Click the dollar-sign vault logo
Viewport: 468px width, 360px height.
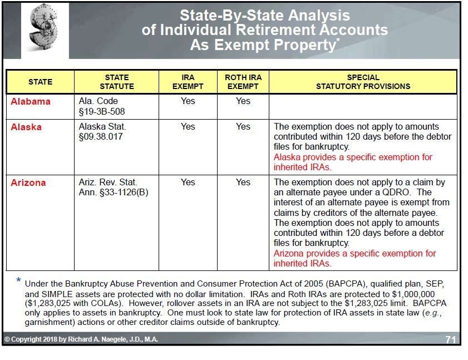point(45,30)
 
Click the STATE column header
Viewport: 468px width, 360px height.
point(40,82)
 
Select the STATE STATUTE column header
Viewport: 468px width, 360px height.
point(117,82)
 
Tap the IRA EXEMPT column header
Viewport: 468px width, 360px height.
point(188,82)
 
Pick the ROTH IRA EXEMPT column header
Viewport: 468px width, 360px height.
point(243,82)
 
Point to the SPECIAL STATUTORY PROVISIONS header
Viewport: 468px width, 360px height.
point(363,82)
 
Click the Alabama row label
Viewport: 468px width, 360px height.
point(31,101)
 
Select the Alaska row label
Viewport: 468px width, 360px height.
point(26,127)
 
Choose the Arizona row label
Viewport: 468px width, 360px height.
point(28,183)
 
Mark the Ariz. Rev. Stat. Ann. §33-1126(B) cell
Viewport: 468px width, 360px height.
point(114,188)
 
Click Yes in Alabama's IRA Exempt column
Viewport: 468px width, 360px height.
point(188,101)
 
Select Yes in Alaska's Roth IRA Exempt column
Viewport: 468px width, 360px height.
point(243,127)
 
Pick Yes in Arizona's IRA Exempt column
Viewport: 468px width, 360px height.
point(188,183)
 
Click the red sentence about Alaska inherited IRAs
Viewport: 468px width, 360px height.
point(352,162)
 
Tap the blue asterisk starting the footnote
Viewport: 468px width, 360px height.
point(19,280)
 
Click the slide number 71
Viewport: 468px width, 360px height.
point(451,339)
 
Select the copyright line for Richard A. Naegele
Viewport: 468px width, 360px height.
point(81,339)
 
